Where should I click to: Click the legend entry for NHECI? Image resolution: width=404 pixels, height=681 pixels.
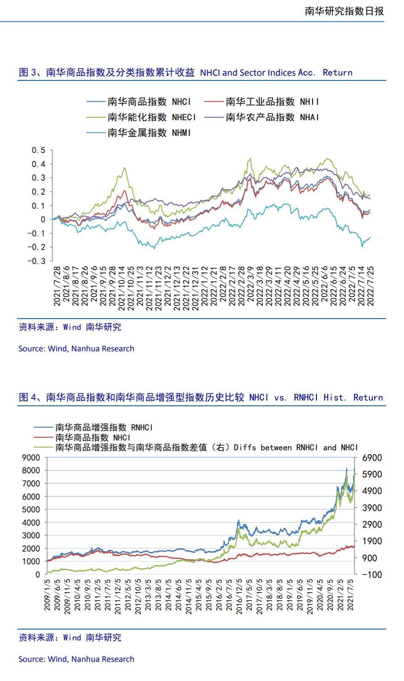click(141, 117)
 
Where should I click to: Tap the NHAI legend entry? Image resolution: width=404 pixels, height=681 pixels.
click(261, 117)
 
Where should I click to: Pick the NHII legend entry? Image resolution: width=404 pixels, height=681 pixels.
click(261, 102)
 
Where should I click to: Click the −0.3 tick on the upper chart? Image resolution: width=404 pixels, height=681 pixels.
click(37, 261)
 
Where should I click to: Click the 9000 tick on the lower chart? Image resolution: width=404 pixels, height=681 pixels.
click(31, 458)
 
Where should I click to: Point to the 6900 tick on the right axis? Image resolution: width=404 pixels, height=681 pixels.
click(372, 458)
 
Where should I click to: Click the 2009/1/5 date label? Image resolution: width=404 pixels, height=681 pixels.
click(48, 595)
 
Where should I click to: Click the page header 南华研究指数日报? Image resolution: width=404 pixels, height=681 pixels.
click(344, 11)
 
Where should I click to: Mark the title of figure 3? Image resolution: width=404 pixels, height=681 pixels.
click(185, 72)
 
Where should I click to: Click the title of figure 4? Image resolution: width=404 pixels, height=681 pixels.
click(201, 398)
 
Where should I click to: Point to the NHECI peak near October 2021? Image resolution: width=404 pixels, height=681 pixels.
click(124, 168)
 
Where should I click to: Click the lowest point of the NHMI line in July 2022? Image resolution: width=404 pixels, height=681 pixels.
click(362, 246)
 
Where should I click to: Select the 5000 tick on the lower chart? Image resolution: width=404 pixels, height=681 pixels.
click(31, 510)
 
